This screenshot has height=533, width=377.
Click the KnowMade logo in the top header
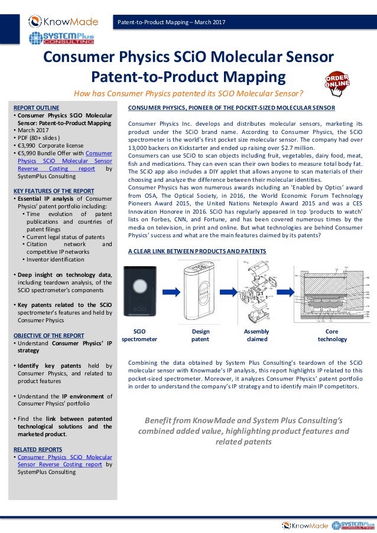click(61, 22)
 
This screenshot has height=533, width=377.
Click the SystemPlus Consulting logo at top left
click(61, 39)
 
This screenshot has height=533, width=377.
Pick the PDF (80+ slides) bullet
click(43, 138)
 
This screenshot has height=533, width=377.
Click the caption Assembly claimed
click(256, 335)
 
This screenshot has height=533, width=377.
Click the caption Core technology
click(332, 335)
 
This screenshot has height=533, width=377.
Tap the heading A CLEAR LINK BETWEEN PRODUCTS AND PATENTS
click(197, 251)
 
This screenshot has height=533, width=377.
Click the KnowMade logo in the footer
click(305, 525)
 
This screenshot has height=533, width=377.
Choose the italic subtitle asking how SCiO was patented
click(188, 93)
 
